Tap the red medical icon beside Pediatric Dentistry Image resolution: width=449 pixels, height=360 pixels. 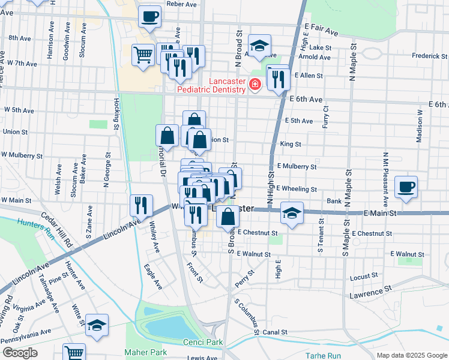(255, 85)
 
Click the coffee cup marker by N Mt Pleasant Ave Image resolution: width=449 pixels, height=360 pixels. (406, 186)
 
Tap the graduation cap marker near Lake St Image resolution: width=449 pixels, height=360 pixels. (259, 46)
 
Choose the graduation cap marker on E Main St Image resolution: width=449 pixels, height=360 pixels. (292, 213)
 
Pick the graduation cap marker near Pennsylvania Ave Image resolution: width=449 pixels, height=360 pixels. (97, 325)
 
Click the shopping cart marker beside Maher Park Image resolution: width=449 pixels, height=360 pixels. (74, 353)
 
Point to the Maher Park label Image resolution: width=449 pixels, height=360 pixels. (143, 352)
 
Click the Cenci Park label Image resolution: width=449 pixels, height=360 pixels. (202, 342)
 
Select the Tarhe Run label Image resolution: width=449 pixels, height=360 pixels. (323, 355)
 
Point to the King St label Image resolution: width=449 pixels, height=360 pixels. (291, 144)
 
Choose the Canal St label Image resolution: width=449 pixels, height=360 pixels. (275, 332)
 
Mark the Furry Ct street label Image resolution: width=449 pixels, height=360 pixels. (326, 116)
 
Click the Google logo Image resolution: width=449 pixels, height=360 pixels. (20, 353)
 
